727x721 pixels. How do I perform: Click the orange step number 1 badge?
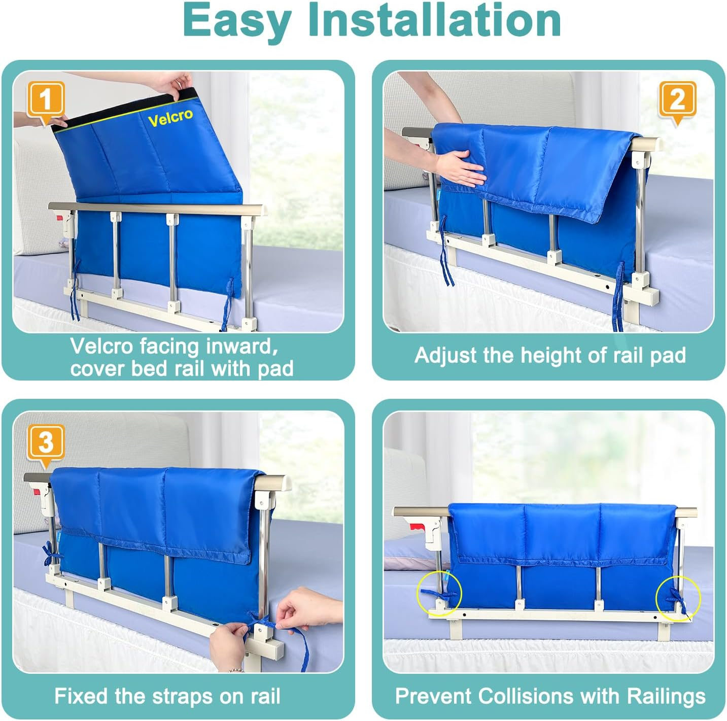46,99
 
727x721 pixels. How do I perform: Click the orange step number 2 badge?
677,99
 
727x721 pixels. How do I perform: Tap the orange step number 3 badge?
46,442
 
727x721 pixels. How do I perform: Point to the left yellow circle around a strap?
439,593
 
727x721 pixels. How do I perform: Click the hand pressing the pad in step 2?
459,167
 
